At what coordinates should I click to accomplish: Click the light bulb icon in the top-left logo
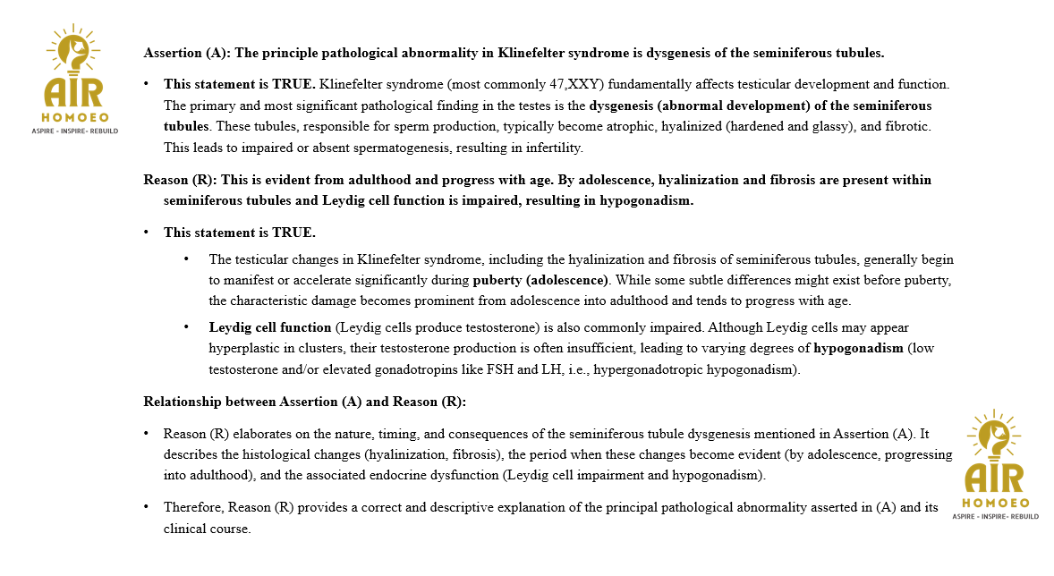click(74, 51)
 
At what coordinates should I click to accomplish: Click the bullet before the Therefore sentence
click(147, 507)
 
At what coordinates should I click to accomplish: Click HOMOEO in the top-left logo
click(74, 117)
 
